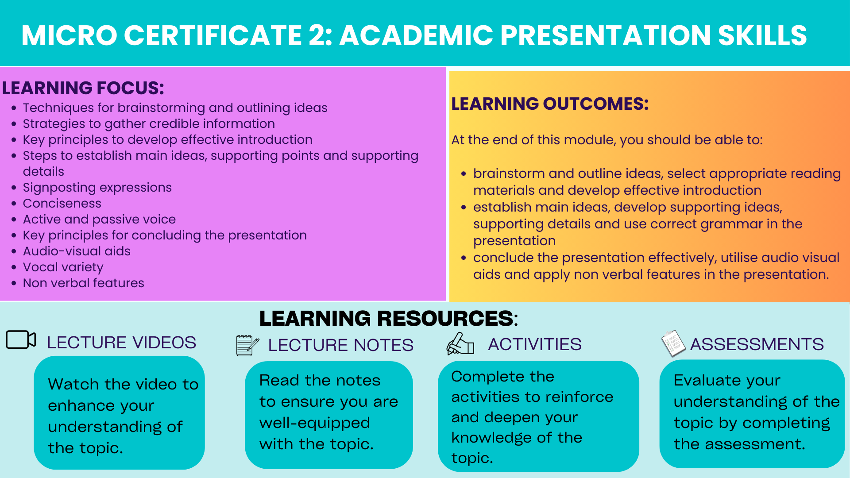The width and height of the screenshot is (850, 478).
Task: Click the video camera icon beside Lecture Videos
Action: click(21, 339)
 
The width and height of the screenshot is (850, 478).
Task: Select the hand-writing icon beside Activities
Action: click(460, 344)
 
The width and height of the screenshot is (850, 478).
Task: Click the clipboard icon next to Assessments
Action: click(673, 343)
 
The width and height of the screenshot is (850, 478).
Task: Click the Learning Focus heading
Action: click(83, 88)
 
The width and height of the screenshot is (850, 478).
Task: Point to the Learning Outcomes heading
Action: click(550, 104)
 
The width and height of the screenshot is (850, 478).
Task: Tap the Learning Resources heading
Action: click(388, 318)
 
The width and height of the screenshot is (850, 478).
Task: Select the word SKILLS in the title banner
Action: click(762, 35)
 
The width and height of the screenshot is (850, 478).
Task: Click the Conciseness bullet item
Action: click(62, 204)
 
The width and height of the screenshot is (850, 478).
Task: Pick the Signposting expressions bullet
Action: click(97, 188)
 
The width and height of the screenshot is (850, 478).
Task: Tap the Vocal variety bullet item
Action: click(63, 267)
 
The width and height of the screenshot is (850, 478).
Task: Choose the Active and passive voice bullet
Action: click(99, 220)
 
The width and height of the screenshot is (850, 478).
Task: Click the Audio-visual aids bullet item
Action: click(77, 251)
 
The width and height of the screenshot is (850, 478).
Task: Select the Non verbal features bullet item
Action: click(84, 283)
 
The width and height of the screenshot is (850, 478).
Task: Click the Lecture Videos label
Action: click(122, 343)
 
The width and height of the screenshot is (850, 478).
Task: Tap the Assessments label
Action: click(757, 344)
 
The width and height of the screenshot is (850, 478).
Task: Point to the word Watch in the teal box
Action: click(74, 384)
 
